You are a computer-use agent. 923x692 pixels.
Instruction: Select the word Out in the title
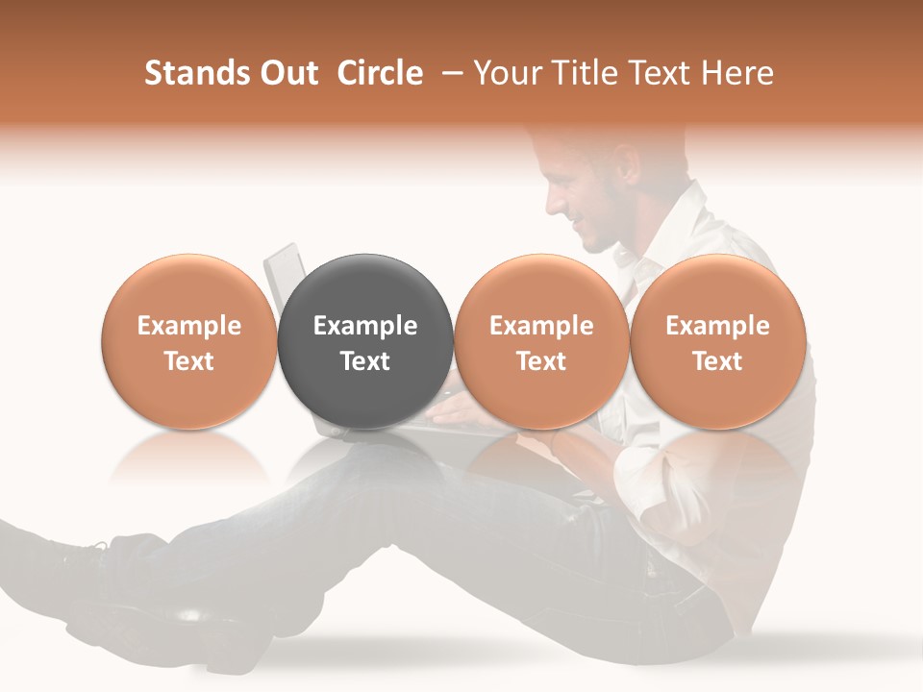tap(289, 73)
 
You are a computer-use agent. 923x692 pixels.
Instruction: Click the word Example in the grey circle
tap(365, 326)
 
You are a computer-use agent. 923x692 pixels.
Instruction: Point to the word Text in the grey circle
tap(365, 361)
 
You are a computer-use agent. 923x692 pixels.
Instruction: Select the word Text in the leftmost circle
tap(189, 361)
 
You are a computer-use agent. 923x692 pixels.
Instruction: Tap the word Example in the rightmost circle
tap(718, 326)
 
